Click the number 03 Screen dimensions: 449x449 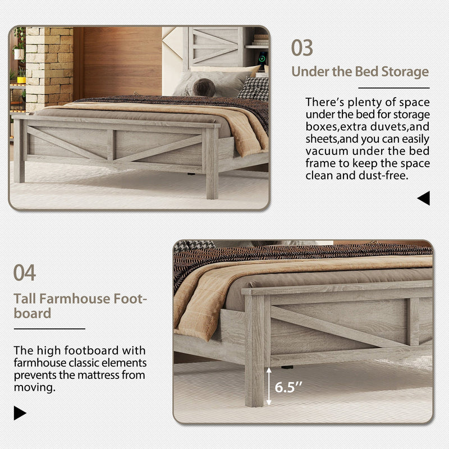(302, 48)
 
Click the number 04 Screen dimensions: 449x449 (25, 273)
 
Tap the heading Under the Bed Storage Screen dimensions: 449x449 (360, 72)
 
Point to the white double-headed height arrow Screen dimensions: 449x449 (269, 386)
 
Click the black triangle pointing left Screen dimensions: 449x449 (424, 198)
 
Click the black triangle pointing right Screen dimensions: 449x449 (20, 414)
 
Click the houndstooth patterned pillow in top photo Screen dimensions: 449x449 (254, 88)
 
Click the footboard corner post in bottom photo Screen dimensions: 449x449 (254, 348)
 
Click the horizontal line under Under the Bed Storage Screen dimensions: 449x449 (393, 88)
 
